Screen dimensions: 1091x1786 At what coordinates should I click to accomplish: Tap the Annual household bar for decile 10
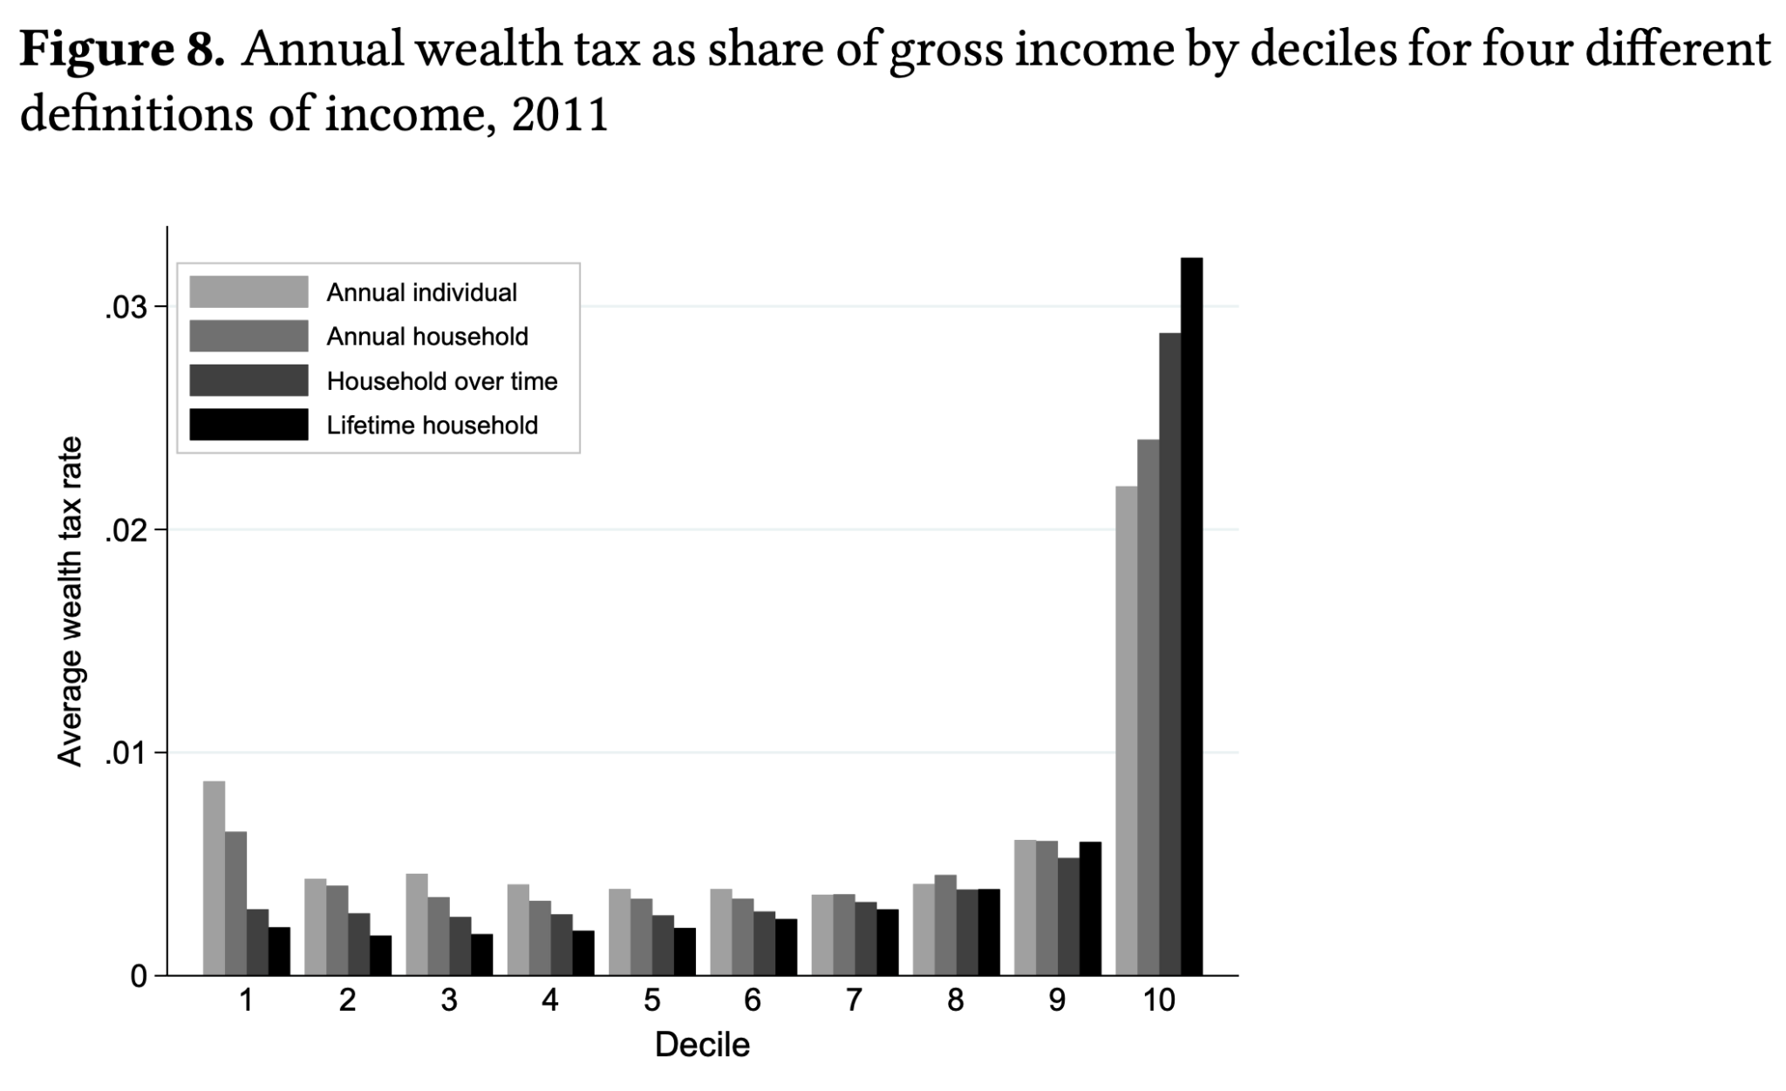pos(1148,706)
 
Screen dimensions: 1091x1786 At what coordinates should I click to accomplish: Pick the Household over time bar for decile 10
pos(1169,654)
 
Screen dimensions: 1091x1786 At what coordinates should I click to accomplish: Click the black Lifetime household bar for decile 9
pos(1090,908)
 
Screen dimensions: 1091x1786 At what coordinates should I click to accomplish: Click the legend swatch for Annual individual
pos(249,292)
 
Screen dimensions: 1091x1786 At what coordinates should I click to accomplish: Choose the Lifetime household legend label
pos(432,426)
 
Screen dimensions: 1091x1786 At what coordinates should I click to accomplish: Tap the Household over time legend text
pos(441,381)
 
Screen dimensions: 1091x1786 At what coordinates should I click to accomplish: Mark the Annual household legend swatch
pos(249,337)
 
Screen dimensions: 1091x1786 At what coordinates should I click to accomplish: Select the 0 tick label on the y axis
pos(139,977)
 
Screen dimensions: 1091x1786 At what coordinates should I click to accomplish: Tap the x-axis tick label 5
pos(651,999)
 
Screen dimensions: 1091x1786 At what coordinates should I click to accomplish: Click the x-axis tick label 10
pos(1159,999)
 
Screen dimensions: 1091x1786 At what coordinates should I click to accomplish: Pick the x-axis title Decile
pos(702,1045)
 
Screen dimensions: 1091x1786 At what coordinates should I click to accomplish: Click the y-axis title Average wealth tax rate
pos(70,602)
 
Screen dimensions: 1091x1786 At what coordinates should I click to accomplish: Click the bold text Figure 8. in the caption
pos(122,51)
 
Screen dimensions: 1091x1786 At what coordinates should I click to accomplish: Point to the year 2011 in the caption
pos(559,115)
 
